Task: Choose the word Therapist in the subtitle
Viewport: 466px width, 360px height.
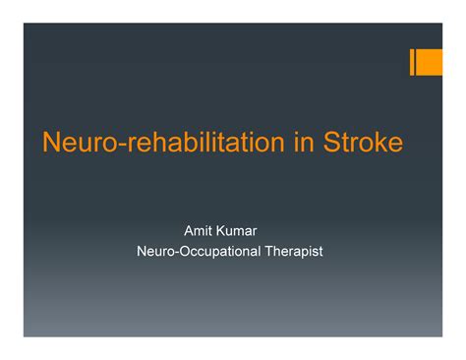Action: pos(292,252)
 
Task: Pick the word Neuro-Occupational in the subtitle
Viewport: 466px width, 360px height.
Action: pos(198,252)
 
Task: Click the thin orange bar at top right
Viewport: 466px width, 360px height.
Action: pos(413,62)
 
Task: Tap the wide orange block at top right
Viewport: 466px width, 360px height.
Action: pos(431,62)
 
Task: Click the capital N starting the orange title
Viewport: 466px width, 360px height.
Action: pos(50,144)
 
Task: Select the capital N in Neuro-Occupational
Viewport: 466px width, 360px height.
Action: pos(142,252)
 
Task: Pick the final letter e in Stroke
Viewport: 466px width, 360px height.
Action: pos(394,145)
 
